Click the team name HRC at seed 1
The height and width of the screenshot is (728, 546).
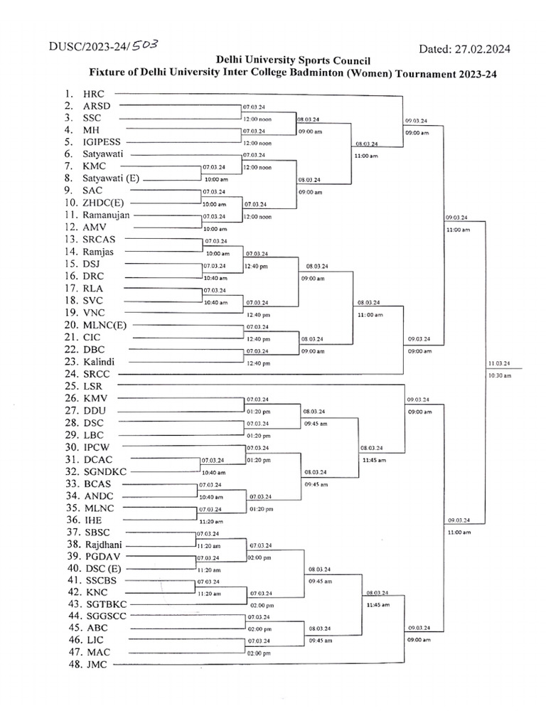[93, 93]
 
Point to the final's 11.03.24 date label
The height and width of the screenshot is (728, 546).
[499, 363]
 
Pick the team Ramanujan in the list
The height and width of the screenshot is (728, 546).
[107, 215]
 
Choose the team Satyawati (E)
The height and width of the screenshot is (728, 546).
[110, 178]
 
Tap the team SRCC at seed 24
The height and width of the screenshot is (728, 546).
[97, 373]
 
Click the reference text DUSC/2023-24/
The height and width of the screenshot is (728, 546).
[89, 47]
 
